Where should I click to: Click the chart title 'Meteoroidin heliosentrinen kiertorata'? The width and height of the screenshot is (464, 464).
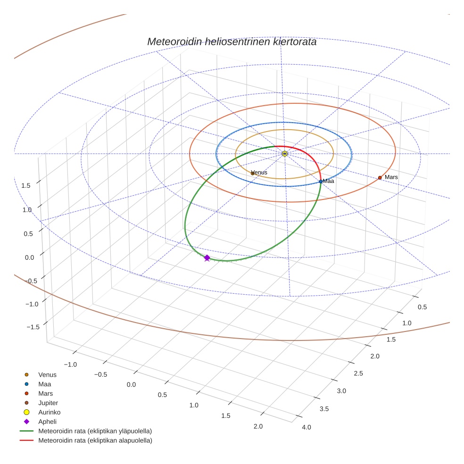(x=232, y=41)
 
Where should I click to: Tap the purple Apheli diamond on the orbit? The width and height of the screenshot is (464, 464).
(x=207, y=257)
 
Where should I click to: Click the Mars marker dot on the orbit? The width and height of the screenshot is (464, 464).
(x=380, y=178)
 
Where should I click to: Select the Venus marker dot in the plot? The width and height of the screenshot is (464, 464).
(x=252, y=174)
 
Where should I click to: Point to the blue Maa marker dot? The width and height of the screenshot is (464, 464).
(x=321, y=182)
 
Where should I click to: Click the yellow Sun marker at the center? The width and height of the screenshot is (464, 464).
(x=285, y=154)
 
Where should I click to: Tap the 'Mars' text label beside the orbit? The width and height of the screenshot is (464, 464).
(x=391, y=177)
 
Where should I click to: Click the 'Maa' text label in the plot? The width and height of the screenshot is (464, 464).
(x=329, y=181)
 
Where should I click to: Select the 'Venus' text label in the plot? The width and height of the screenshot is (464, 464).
(x=260, y=172)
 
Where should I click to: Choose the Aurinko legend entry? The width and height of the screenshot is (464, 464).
(x=49, y=412)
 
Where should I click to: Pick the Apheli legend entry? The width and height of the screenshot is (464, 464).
(x=47, y=422)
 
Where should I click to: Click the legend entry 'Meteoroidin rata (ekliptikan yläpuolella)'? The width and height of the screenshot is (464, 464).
(x=95, y=431)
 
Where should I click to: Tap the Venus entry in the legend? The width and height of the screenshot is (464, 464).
(x=47, y=374)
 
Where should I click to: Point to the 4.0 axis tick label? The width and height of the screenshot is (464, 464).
(x=306, y=427)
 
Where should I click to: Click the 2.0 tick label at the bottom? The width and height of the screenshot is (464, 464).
(x=258, y=426)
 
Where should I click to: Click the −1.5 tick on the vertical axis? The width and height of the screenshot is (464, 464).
(x=32, y=327)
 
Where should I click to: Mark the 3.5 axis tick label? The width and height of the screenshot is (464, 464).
(x=324, y=409)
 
